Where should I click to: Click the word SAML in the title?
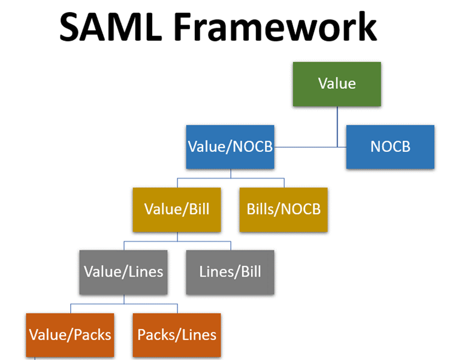coord(111,27)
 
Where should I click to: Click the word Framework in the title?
coord(275,27)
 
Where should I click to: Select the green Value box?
coord(337,84)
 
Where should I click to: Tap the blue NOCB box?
coord(390,147)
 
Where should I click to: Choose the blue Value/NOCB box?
coord(230,147)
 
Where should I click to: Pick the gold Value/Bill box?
coord(177,209)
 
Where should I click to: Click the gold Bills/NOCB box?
coord(284,209)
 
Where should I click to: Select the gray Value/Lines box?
coord(123,272)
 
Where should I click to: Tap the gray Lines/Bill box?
coord(230,272)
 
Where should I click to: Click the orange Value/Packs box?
coord(70,335)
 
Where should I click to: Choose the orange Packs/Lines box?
coord(177,335)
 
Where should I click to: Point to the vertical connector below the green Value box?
coord(338,127)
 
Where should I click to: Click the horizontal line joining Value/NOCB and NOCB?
coord(310,147)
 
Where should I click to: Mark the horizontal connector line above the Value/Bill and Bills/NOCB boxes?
coord(231,178)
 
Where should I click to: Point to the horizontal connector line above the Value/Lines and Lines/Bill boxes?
coord(177,242)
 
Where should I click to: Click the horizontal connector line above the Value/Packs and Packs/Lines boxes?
coord(124,304)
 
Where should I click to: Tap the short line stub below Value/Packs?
coord(35,359)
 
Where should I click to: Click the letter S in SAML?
coord(69,27)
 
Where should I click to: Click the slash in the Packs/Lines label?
coord(177,335)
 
